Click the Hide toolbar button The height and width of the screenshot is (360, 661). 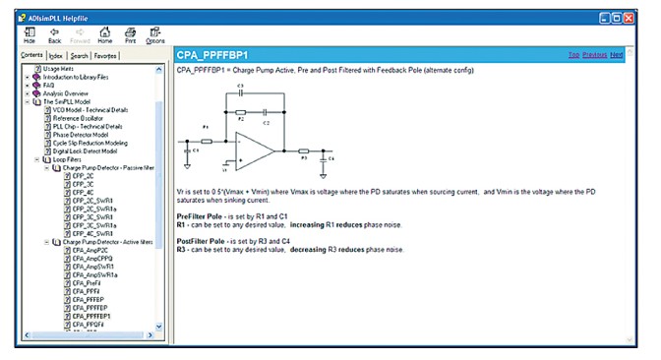point(29,34)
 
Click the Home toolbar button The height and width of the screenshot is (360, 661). point(103,34)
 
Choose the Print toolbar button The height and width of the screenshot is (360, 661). point(130,34)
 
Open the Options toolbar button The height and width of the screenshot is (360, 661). point(155,34)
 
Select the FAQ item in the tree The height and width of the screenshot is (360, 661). point(50,85)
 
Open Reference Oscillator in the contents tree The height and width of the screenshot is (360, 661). point(78,118)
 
